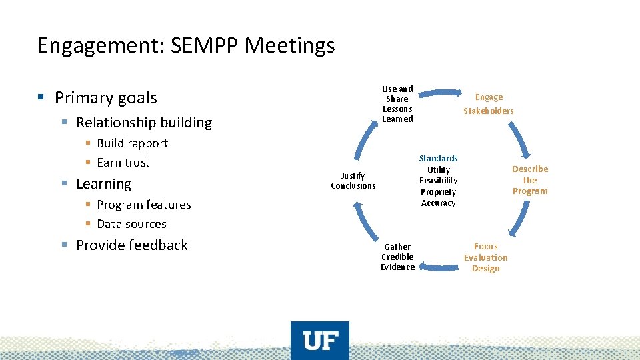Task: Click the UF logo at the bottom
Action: [x=320, y=341]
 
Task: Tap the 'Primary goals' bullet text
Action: [x=105, y=98]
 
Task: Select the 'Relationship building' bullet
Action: [x=143, y=123]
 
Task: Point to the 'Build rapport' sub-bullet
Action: [x=132, y=143]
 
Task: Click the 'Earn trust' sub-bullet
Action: [x=123, y=163]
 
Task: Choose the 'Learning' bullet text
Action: [x=103, y=184]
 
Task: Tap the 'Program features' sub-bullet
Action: [x=143, y=205]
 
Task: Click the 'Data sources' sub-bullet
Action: [x=131, y=224]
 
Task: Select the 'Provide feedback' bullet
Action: [x=131, y=245]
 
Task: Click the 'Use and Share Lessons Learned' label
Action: [x=397, y=104]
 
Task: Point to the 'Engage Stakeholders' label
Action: [x=489, y=104]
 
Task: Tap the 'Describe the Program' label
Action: [x=530, y=180]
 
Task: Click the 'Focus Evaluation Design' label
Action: [x=485, y=257]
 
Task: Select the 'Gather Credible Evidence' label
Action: [x=397, y=257]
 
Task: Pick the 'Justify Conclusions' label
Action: [x=353, y=181]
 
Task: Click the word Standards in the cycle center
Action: [x=438, y=159]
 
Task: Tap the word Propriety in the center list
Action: [x=438, y=192]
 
